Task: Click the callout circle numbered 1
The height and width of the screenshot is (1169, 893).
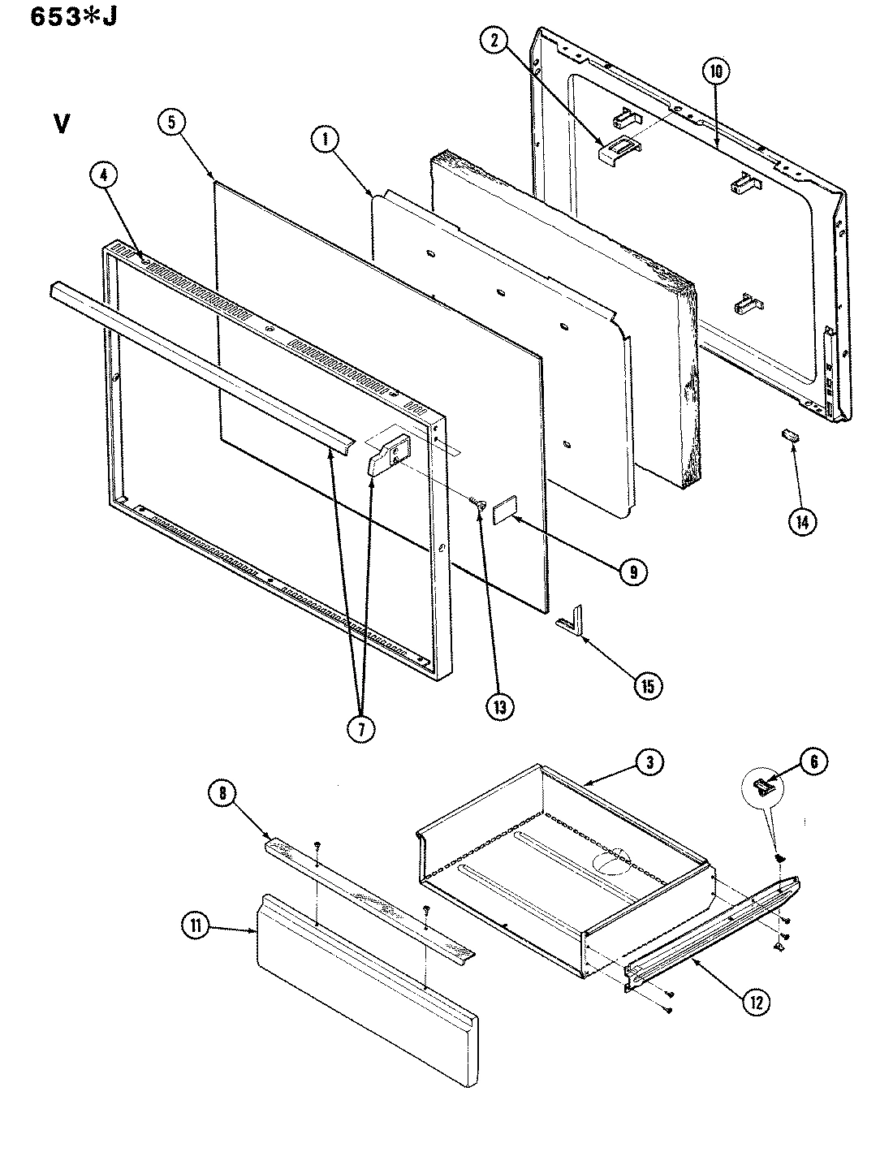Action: (x=326, y=140)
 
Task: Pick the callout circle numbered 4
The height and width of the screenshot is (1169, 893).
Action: (x=108, y=176)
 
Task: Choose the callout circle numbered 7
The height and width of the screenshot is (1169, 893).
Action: (x=361, y=728)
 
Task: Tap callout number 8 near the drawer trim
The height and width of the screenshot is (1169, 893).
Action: (x=224, y=793)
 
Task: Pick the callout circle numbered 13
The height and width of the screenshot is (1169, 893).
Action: (x=499, y=705)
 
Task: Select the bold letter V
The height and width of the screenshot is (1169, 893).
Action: (x=61, y=124)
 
